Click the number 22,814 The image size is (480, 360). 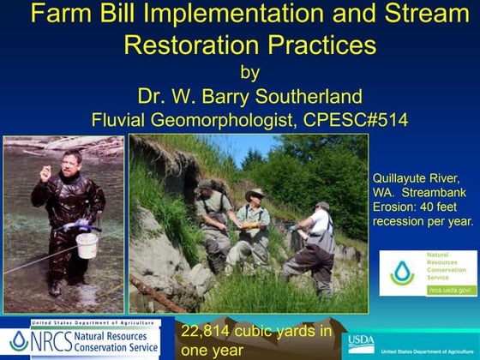[x=211, y=332]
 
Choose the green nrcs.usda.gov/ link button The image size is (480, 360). [x=451, y=290]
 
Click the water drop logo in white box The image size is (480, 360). [x=402, y=273]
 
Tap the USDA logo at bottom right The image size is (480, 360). [x=361, y=344]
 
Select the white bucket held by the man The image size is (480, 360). [x=87, y=245]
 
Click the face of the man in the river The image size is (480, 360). [x=73, y=162]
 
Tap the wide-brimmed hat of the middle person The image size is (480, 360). [x=255, y=195]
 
